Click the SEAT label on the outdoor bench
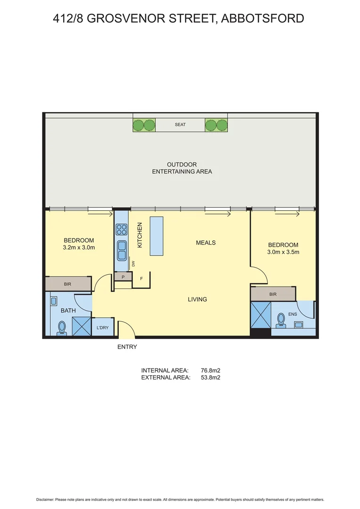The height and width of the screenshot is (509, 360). point(180,125)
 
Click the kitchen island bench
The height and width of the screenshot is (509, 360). point(156,236)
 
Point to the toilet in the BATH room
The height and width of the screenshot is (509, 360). point(61,327)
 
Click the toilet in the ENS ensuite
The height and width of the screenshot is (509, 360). point(281,319)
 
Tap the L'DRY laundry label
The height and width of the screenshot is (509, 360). point(103,328)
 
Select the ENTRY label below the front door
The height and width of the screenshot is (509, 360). point(127,347)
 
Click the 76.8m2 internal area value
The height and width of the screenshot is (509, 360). point(211,370)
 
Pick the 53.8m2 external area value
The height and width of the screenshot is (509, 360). point(211,378)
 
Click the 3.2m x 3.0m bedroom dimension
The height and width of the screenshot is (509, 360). point(79,247)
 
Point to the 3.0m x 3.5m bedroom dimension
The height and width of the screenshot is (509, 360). point(283,252)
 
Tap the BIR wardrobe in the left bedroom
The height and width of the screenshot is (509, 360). point(68,284)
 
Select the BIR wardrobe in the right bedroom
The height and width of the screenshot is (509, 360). point(273,294)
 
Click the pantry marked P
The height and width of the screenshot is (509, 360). point(123,277)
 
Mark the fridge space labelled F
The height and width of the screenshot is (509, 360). point(141,279)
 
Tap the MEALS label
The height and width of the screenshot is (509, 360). point(206,243)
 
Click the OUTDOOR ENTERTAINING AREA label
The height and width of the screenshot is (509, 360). point(182,168)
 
